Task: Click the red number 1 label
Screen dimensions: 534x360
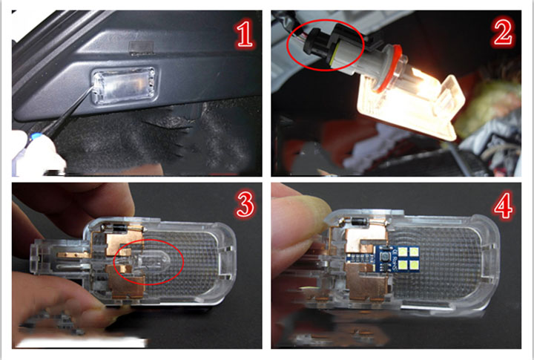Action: [245, 35]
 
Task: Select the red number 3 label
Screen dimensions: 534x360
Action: [245, 204]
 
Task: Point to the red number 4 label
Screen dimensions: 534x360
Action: [503, 205]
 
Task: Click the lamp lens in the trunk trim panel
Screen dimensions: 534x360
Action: [124, 85]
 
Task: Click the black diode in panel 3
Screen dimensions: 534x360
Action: [119, 228]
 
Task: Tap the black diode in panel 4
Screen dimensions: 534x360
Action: [359, 222]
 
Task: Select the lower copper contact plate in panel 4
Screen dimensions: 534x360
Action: [367, 283]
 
